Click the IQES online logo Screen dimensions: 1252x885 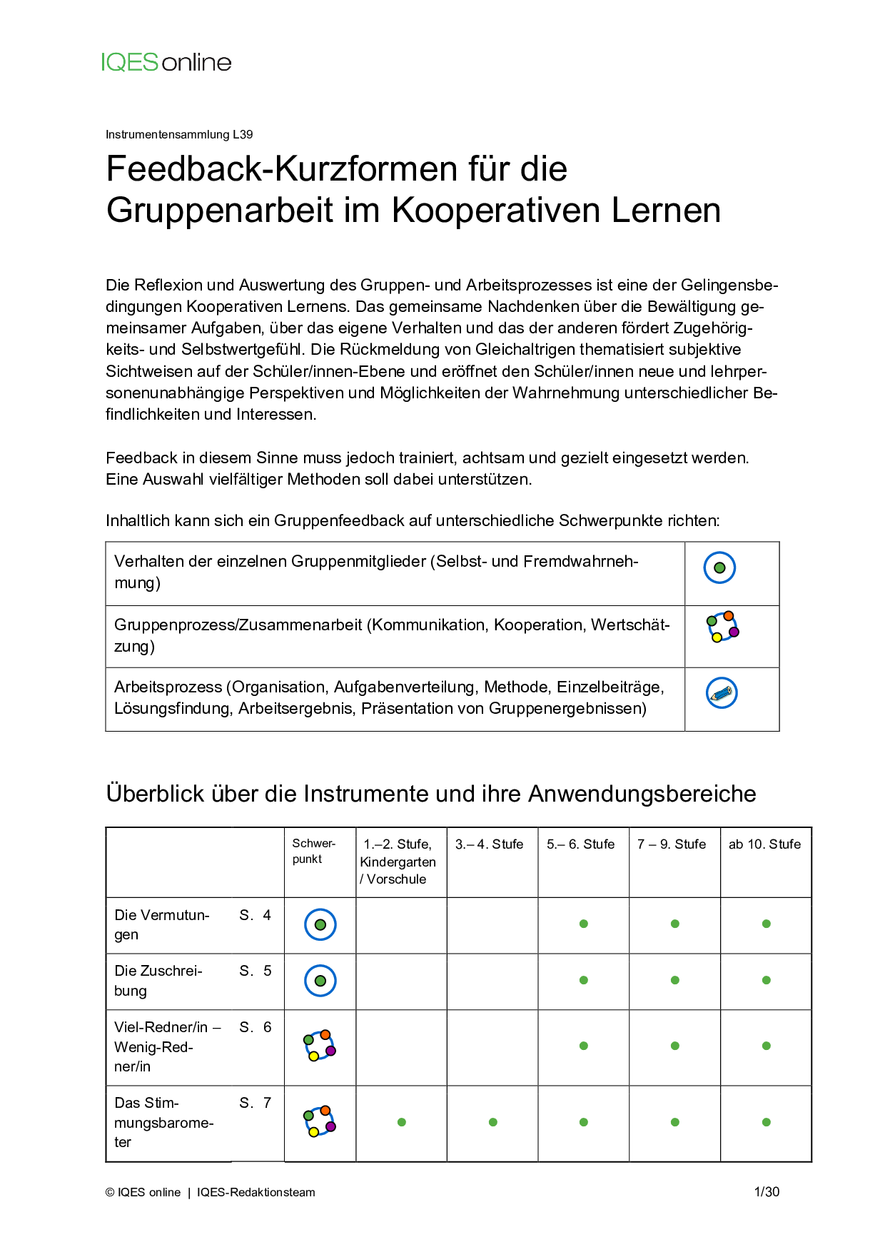(x=166, y=63)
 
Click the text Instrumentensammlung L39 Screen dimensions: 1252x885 (x=179, y=134)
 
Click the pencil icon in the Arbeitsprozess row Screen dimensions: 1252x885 (x=721, y=693)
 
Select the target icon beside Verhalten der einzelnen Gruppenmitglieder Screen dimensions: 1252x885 (x=719, y=567)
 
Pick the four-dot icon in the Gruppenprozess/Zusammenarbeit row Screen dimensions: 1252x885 (x=722, y=627)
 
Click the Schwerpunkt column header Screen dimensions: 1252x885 (x=313, y=851)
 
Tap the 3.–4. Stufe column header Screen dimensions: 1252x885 (x=490, y=844)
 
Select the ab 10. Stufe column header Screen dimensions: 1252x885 (x=764, y=844)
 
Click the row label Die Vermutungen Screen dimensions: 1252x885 (x=162, y=924)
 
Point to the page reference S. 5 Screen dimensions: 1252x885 (x=256, y=971)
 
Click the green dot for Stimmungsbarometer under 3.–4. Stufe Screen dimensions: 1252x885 (x=493, y=1122)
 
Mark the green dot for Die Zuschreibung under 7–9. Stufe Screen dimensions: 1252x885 (x=675, y=980)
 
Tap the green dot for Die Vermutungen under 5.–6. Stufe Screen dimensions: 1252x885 (x=584, y=924)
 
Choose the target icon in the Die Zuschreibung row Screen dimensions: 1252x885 (x=320, y=981)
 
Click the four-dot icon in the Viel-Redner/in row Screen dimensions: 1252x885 (x=320, y=1046)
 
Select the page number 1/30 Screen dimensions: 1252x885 (x=767, y=1192)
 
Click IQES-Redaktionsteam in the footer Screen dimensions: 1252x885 (x=256, y=1192)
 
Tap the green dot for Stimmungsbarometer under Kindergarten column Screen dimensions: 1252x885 (x=402, y=1122)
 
